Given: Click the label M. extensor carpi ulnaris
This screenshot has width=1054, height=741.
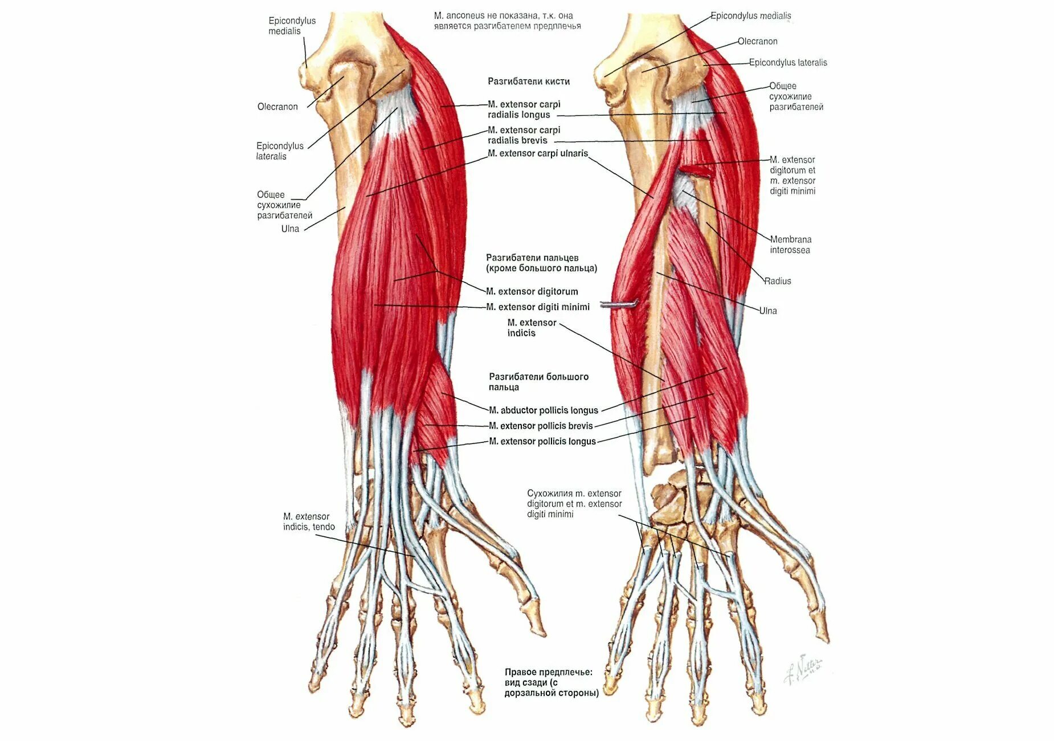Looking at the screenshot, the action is coord(538,153).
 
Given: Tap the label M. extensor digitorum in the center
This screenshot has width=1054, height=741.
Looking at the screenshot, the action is coord(532,291).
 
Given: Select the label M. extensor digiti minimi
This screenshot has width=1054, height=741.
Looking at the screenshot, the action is coord(538,307).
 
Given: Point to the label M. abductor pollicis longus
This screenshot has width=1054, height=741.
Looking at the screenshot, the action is coord(544,410).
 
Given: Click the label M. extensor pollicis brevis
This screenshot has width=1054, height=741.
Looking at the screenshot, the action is coord(541,426).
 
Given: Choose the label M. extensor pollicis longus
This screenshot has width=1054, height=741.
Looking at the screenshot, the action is coord(542,441).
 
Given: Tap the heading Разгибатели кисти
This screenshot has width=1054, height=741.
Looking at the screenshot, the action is coord(529,82).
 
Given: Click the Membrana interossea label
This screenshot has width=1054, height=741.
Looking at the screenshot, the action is coord(790,245).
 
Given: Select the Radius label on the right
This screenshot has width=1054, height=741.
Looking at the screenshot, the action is coord(778,281).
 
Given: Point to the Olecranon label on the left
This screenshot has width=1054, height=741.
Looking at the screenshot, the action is coord(277,107).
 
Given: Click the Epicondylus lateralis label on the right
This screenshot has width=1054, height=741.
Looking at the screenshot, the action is coord(788,63).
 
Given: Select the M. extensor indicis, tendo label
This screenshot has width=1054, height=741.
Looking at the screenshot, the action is coord(309,522).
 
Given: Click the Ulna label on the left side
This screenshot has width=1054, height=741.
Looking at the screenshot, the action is coord(290,229).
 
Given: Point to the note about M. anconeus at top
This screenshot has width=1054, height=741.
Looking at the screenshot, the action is coord(507,21).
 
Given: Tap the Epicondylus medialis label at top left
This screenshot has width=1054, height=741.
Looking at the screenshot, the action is coord(292,26).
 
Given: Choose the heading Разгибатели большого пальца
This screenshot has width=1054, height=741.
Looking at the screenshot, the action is coord(538,382).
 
